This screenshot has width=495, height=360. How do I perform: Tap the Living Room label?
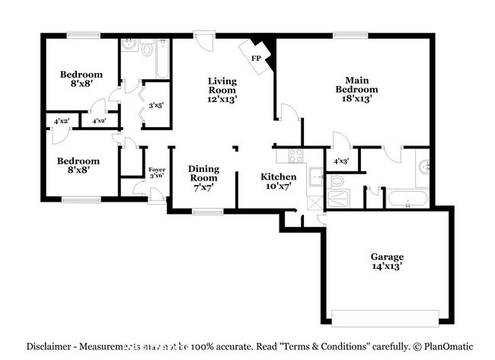click(222, 89)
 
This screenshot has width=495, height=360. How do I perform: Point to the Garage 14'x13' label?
click(388, 261)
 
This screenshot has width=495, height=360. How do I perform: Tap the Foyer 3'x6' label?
click(156, 172)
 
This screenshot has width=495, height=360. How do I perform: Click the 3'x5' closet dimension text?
click(158, 105)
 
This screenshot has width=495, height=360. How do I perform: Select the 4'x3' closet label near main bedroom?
click(342, 161)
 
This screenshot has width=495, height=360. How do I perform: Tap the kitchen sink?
click(316, 176)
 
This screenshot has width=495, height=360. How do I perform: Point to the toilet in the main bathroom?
click(337, 181)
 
